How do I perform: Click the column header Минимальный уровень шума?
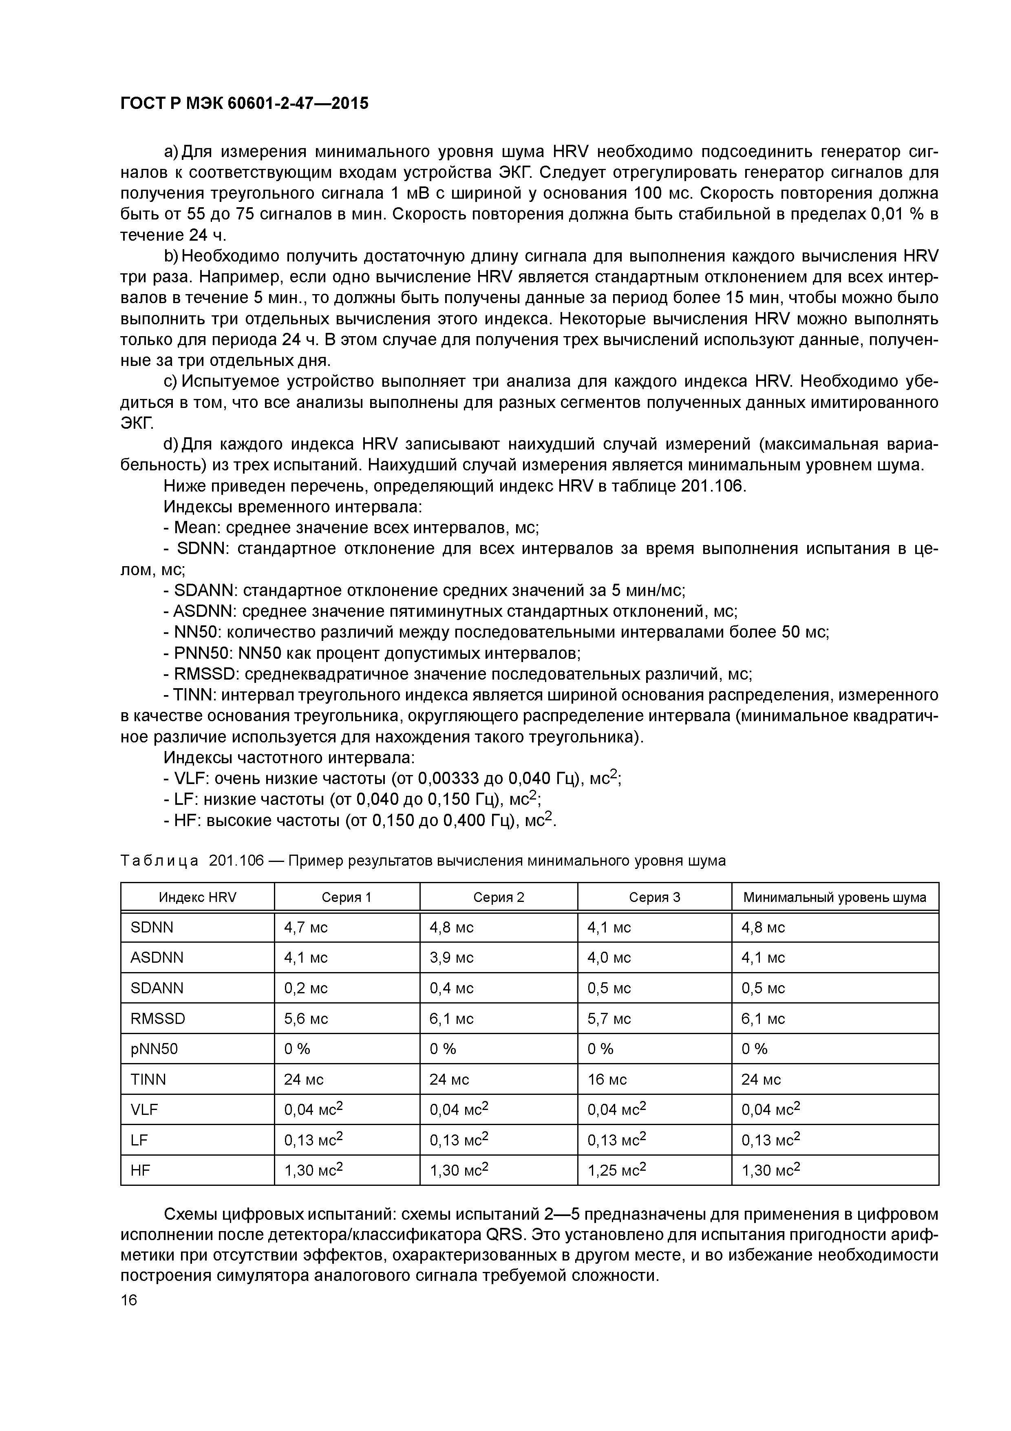[835, 897]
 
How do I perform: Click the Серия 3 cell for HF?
[617, 1170]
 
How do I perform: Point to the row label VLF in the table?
[145, 1110]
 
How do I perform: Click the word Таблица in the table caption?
[159, 861]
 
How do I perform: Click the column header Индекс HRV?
[197, 897]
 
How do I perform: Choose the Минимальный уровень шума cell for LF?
[770, 1140]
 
